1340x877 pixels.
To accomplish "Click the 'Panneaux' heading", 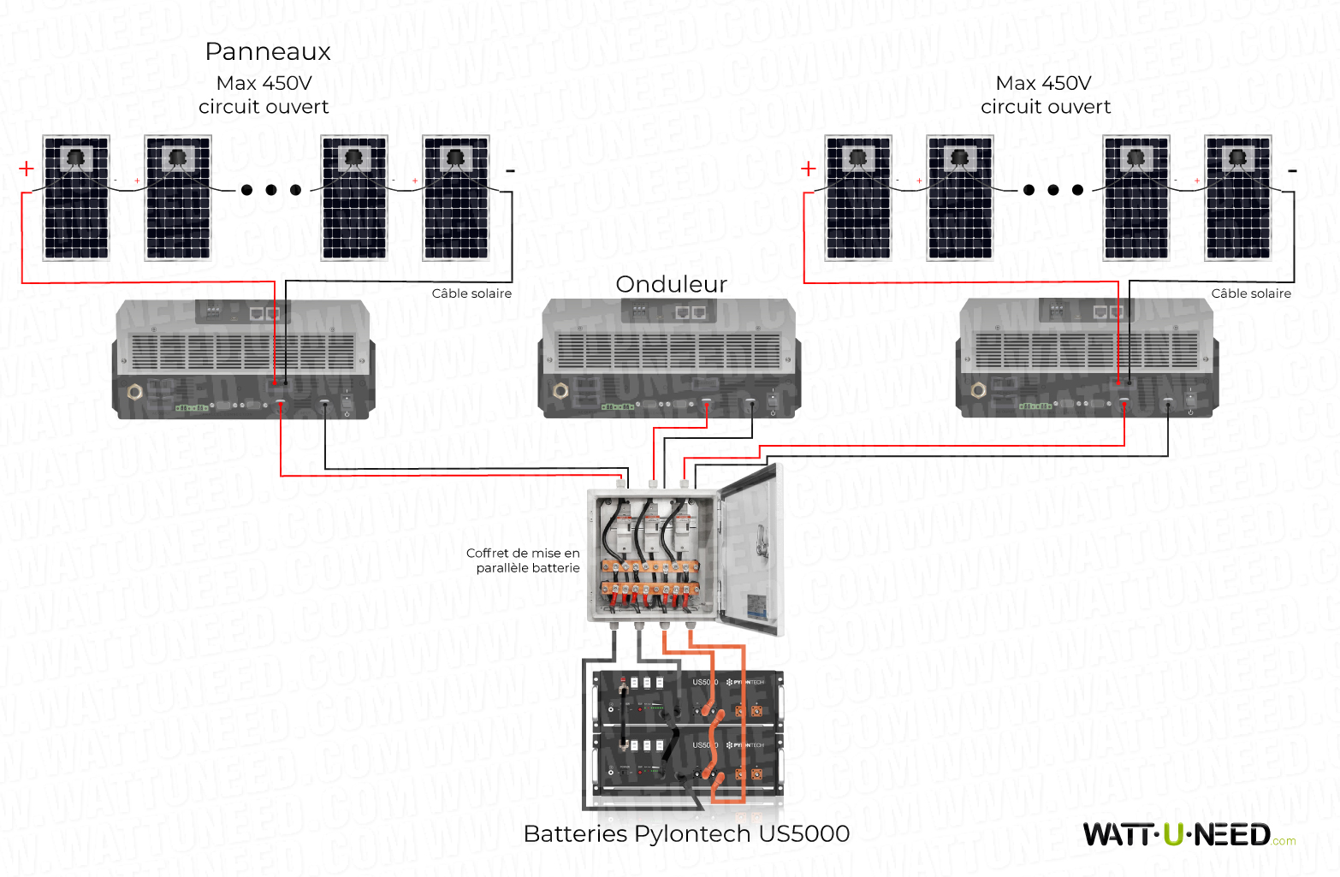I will pyautogui.click(x=268, y=52).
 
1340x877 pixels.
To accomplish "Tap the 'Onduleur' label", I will pyautogui.click(x=671, y=284).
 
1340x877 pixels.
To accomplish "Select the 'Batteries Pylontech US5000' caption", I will pyautogui.click(x=686, y=833).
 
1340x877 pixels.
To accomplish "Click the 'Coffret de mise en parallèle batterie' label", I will pyautogui.click(x=524, y=560).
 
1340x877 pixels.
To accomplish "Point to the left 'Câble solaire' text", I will pyautogui.click(x=471, y=293).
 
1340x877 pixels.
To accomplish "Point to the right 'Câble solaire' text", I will pyautogui.click(x=1251, y=293).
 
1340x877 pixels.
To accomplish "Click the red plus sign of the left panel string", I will pyautogui.click(x=27, y=169).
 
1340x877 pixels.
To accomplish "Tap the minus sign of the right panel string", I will pyautogui.click(x=1292, y=171).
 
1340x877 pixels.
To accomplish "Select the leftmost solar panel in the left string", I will pyautogui.click(x=76, y=198).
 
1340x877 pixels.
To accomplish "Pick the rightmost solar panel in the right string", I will pyautogui.click(x=1237, y=198).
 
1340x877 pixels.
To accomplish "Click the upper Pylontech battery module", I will pyautogui.click(x=689, y=697).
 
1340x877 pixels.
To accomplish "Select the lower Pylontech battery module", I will pyautogui.click(x=689, y=761).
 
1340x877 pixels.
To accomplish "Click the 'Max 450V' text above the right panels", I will pyautogui.click(x=1043, y=83).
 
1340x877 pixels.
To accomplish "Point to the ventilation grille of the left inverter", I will pyautogui.click(x=243, y=352).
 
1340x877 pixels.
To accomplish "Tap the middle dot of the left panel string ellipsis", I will pyautogui.click(x=271, y=190).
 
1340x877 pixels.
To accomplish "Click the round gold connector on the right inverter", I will pyautogui.click(x=979, y=391).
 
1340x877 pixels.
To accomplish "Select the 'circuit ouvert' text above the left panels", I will pyautogui.click(x=264, y=107).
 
